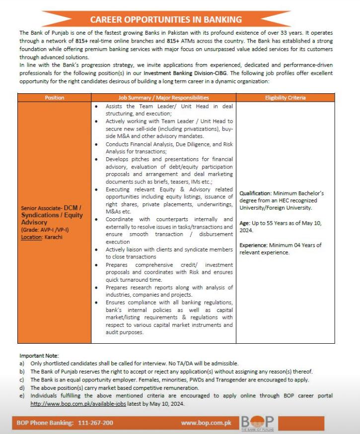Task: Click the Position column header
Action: pyautogui.click(x=54, y=98)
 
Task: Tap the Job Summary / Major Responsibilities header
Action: pyautogui.click(x=163, y=98)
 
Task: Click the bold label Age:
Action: pyautogui.click(x=245, y=223)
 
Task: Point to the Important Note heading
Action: pyautogui.click(x=39, y=356)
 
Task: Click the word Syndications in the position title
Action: pyautogui.click(x=40, y=215)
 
